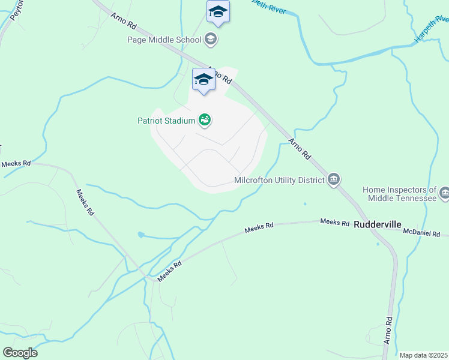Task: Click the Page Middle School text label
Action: tap(164, 40)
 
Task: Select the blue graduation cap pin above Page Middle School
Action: tap(218, 11)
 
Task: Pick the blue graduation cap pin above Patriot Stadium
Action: tap(203, 79)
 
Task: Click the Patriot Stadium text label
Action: tap(166, 121)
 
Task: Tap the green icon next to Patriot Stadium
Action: tap(205, 121)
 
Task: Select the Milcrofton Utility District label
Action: tap(279, 179)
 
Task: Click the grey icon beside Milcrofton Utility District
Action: tap(334, 179)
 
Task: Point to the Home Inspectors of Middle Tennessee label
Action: tap(399, 194)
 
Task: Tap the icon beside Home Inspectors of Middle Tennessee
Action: tap(444, 193)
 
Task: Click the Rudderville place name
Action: tap(378, 224)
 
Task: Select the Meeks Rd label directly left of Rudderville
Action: tap(334, 223)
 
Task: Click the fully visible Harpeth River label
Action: tap(431, 30)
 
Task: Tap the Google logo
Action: tap(20, 353)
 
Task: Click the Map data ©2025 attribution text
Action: tap(423, 355)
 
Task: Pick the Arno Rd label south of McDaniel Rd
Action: tap(388, 330)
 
